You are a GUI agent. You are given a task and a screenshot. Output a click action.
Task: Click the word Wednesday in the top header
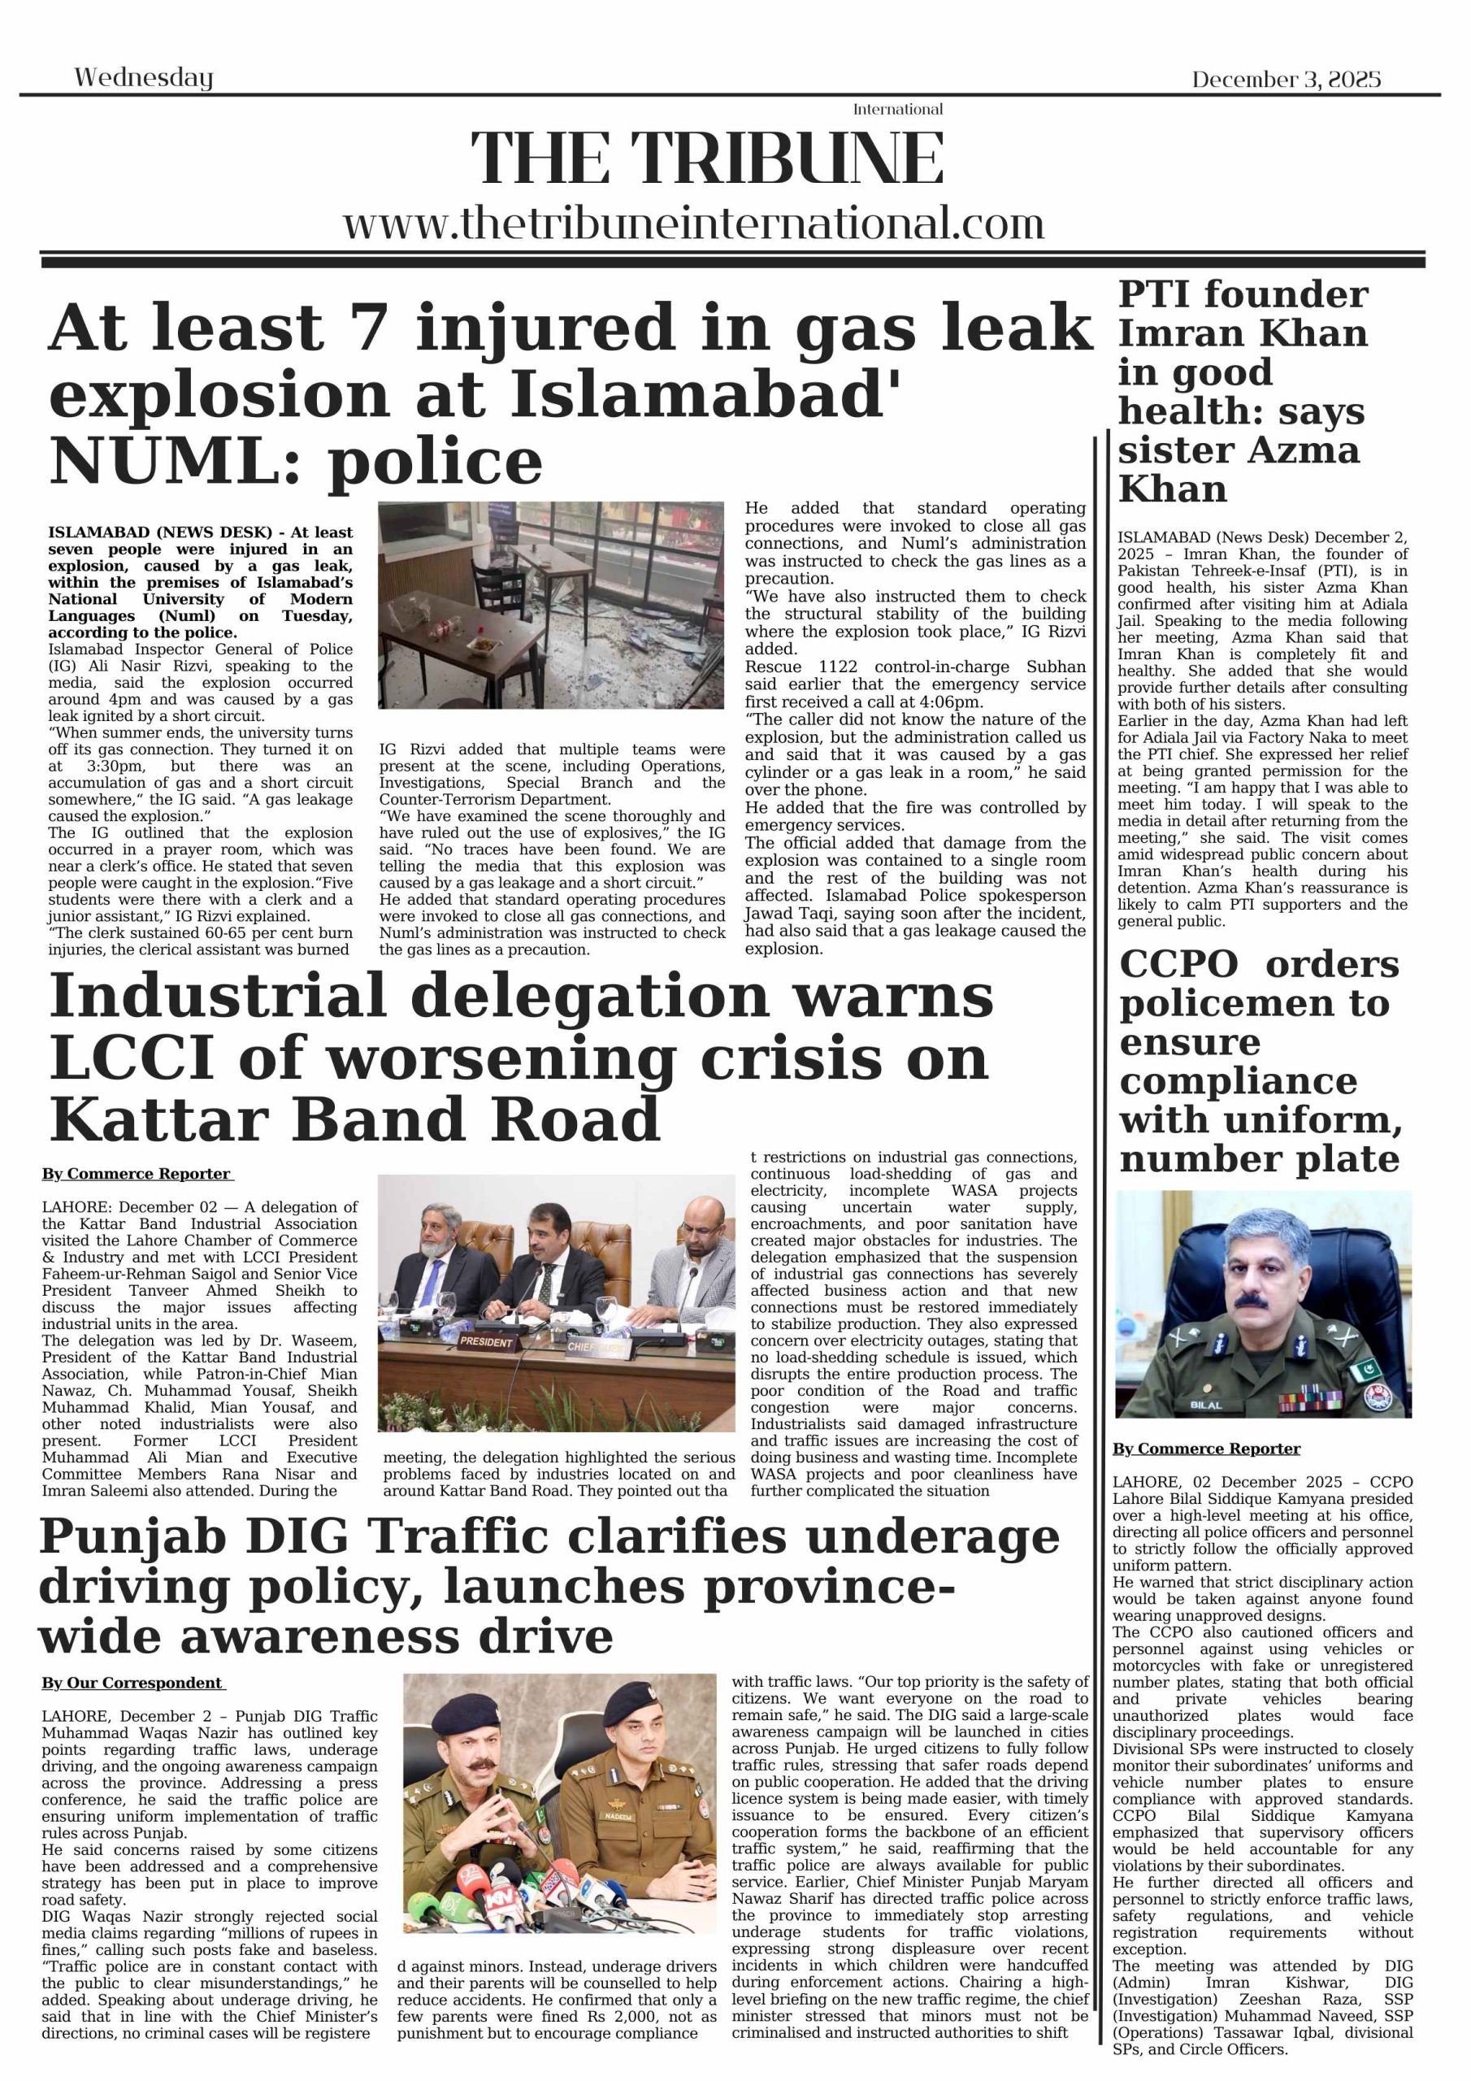pos(143,78)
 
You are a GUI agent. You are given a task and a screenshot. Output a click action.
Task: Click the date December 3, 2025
pos(1285,80)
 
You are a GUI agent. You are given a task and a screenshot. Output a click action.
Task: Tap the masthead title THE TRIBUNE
pos(707,158)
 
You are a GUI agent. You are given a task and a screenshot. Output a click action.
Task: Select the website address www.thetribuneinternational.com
pos(693,224)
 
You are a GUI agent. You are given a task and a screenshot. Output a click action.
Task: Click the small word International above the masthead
pos(897,110)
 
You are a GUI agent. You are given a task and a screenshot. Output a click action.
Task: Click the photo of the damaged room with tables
pos(551,605)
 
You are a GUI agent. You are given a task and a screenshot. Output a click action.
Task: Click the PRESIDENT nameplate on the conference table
pos(487,1341)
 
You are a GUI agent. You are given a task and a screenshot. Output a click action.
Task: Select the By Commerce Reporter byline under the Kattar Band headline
pos(137,1174)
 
